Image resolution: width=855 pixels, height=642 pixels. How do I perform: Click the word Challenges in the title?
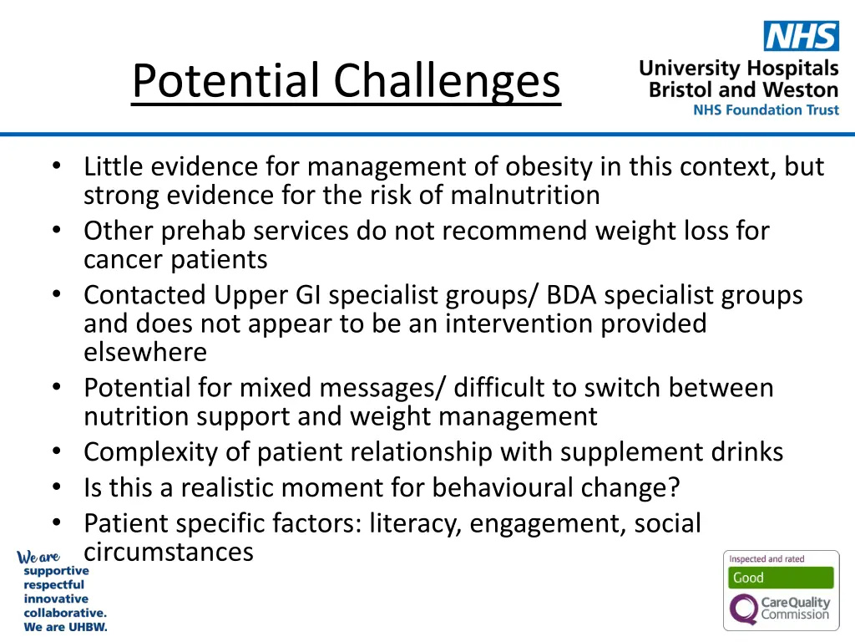(448, 82)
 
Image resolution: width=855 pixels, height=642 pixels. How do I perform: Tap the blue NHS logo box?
(801, 36)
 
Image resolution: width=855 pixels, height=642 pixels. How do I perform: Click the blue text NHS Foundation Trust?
(766, 110)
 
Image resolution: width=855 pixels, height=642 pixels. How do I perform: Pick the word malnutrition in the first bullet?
(525, 196)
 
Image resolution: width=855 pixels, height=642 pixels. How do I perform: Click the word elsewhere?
(145, 352)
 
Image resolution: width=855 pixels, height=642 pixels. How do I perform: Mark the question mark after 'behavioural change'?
(675, 487)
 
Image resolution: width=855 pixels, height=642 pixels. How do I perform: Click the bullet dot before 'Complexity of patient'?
(56, 452)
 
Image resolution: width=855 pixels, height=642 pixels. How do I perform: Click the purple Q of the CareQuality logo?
(743, 609)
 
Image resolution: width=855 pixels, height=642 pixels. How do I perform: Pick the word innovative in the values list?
(56, 599)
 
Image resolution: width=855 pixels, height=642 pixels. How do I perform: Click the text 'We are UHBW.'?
(65, 627)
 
